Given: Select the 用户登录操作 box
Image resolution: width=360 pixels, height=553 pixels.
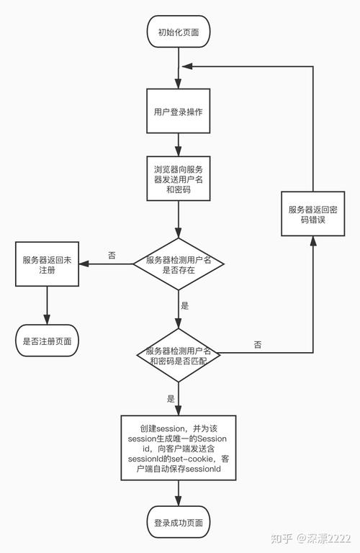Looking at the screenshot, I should click(x=179, y=112).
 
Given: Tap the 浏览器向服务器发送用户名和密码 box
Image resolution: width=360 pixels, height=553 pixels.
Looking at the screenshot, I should click(x=179, y=178).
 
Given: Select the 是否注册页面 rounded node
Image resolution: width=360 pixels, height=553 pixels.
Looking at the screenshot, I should click(x=47, y=341).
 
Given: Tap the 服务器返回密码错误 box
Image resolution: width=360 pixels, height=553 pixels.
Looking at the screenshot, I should click(x=312, y=214).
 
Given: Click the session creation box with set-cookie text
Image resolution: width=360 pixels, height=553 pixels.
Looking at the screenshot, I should click(x=178, y=448).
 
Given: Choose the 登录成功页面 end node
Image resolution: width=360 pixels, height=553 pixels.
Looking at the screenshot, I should click(x=179, y=522).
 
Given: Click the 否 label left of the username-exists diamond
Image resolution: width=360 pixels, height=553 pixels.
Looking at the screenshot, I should click(x=112, y=256).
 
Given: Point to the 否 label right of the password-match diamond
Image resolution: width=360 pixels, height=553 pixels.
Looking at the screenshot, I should click(x=258, y=345).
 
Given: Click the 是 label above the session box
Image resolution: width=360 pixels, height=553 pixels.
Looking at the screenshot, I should click(x=171, y=398).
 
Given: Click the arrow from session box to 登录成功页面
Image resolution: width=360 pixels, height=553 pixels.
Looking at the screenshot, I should click(x=179, y=493).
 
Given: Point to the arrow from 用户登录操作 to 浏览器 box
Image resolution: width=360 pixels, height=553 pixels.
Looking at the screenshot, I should click(x=179, y=144).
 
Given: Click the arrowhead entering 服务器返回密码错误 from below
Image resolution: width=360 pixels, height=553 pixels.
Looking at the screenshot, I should click(x=312, y=243).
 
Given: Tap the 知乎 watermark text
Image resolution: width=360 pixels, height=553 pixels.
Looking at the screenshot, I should click(x=282, y=537).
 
